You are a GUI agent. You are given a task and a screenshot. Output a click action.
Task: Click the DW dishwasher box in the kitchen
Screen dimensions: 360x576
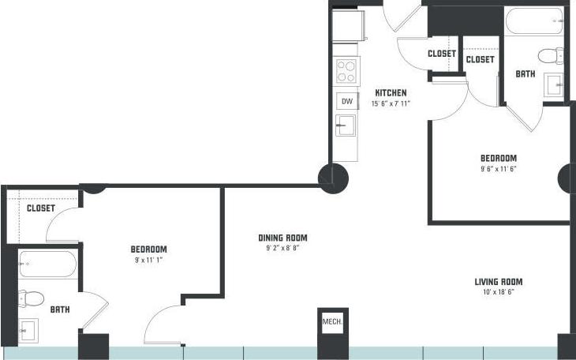click(x=346, y=101)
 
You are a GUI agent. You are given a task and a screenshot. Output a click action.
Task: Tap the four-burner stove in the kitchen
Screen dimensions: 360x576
click(x=346, y=72)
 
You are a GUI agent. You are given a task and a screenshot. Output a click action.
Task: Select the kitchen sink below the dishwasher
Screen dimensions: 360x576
click(x=346, y=126)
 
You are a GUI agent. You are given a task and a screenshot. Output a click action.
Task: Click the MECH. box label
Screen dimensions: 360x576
click(x=331, y=322)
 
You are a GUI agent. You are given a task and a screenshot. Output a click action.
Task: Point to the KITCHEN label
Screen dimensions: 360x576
click(x=391, y=92)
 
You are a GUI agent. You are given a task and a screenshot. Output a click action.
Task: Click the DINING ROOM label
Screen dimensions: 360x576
click(x=282, y=238)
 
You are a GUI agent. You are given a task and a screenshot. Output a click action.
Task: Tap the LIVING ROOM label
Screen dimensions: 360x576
click(x=498, y=282)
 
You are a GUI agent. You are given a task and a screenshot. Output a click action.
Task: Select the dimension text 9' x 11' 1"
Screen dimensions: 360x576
click(x=148, y=259)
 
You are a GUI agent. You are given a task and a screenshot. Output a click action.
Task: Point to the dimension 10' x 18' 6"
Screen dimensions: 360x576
click(x=498, y=292)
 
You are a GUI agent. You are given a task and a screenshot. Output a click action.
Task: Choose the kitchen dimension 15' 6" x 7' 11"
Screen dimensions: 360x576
click(x=391, y=103)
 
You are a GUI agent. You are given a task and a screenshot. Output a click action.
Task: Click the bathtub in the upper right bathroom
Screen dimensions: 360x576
click(x=534, y=21)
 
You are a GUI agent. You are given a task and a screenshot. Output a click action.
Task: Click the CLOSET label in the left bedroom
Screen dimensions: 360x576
click(x=40, y=208)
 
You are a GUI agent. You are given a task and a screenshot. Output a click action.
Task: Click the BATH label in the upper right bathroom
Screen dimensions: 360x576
click(x=525, y=74)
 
